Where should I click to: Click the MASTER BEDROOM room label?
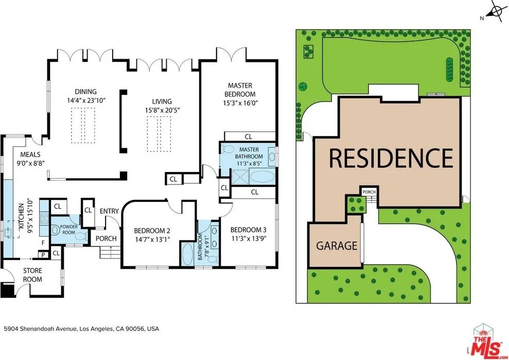click(x=240, y=90)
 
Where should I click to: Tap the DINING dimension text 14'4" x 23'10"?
click(x=86, y=100)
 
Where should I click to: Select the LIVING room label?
click(x=162, y=101)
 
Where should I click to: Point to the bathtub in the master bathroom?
click(x=262, y=177)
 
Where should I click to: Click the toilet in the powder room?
click(x=55, y=230)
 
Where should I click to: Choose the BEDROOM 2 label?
click(x=152, y=231)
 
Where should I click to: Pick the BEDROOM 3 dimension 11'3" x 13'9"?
click(x=249, y=238)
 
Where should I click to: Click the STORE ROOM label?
click(x=32, y=275)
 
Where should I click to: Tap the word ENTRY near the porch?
click(x=109, y=211)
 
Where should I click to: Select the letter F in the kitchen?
click(x=43, y=243)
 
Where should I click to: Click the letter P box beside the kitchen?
click(x=43, y=255)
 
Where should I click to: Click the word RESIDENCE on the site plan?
click(x=391, y=158)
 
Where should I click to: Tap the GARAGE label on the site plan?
click(x=337, y=246)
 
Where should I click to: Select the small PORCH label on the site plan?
click(x=369, y=192)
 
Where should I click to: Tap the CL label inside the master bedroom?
click(x=249, y=136)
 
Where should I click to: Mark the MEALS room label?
click(x=30, y=155)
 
